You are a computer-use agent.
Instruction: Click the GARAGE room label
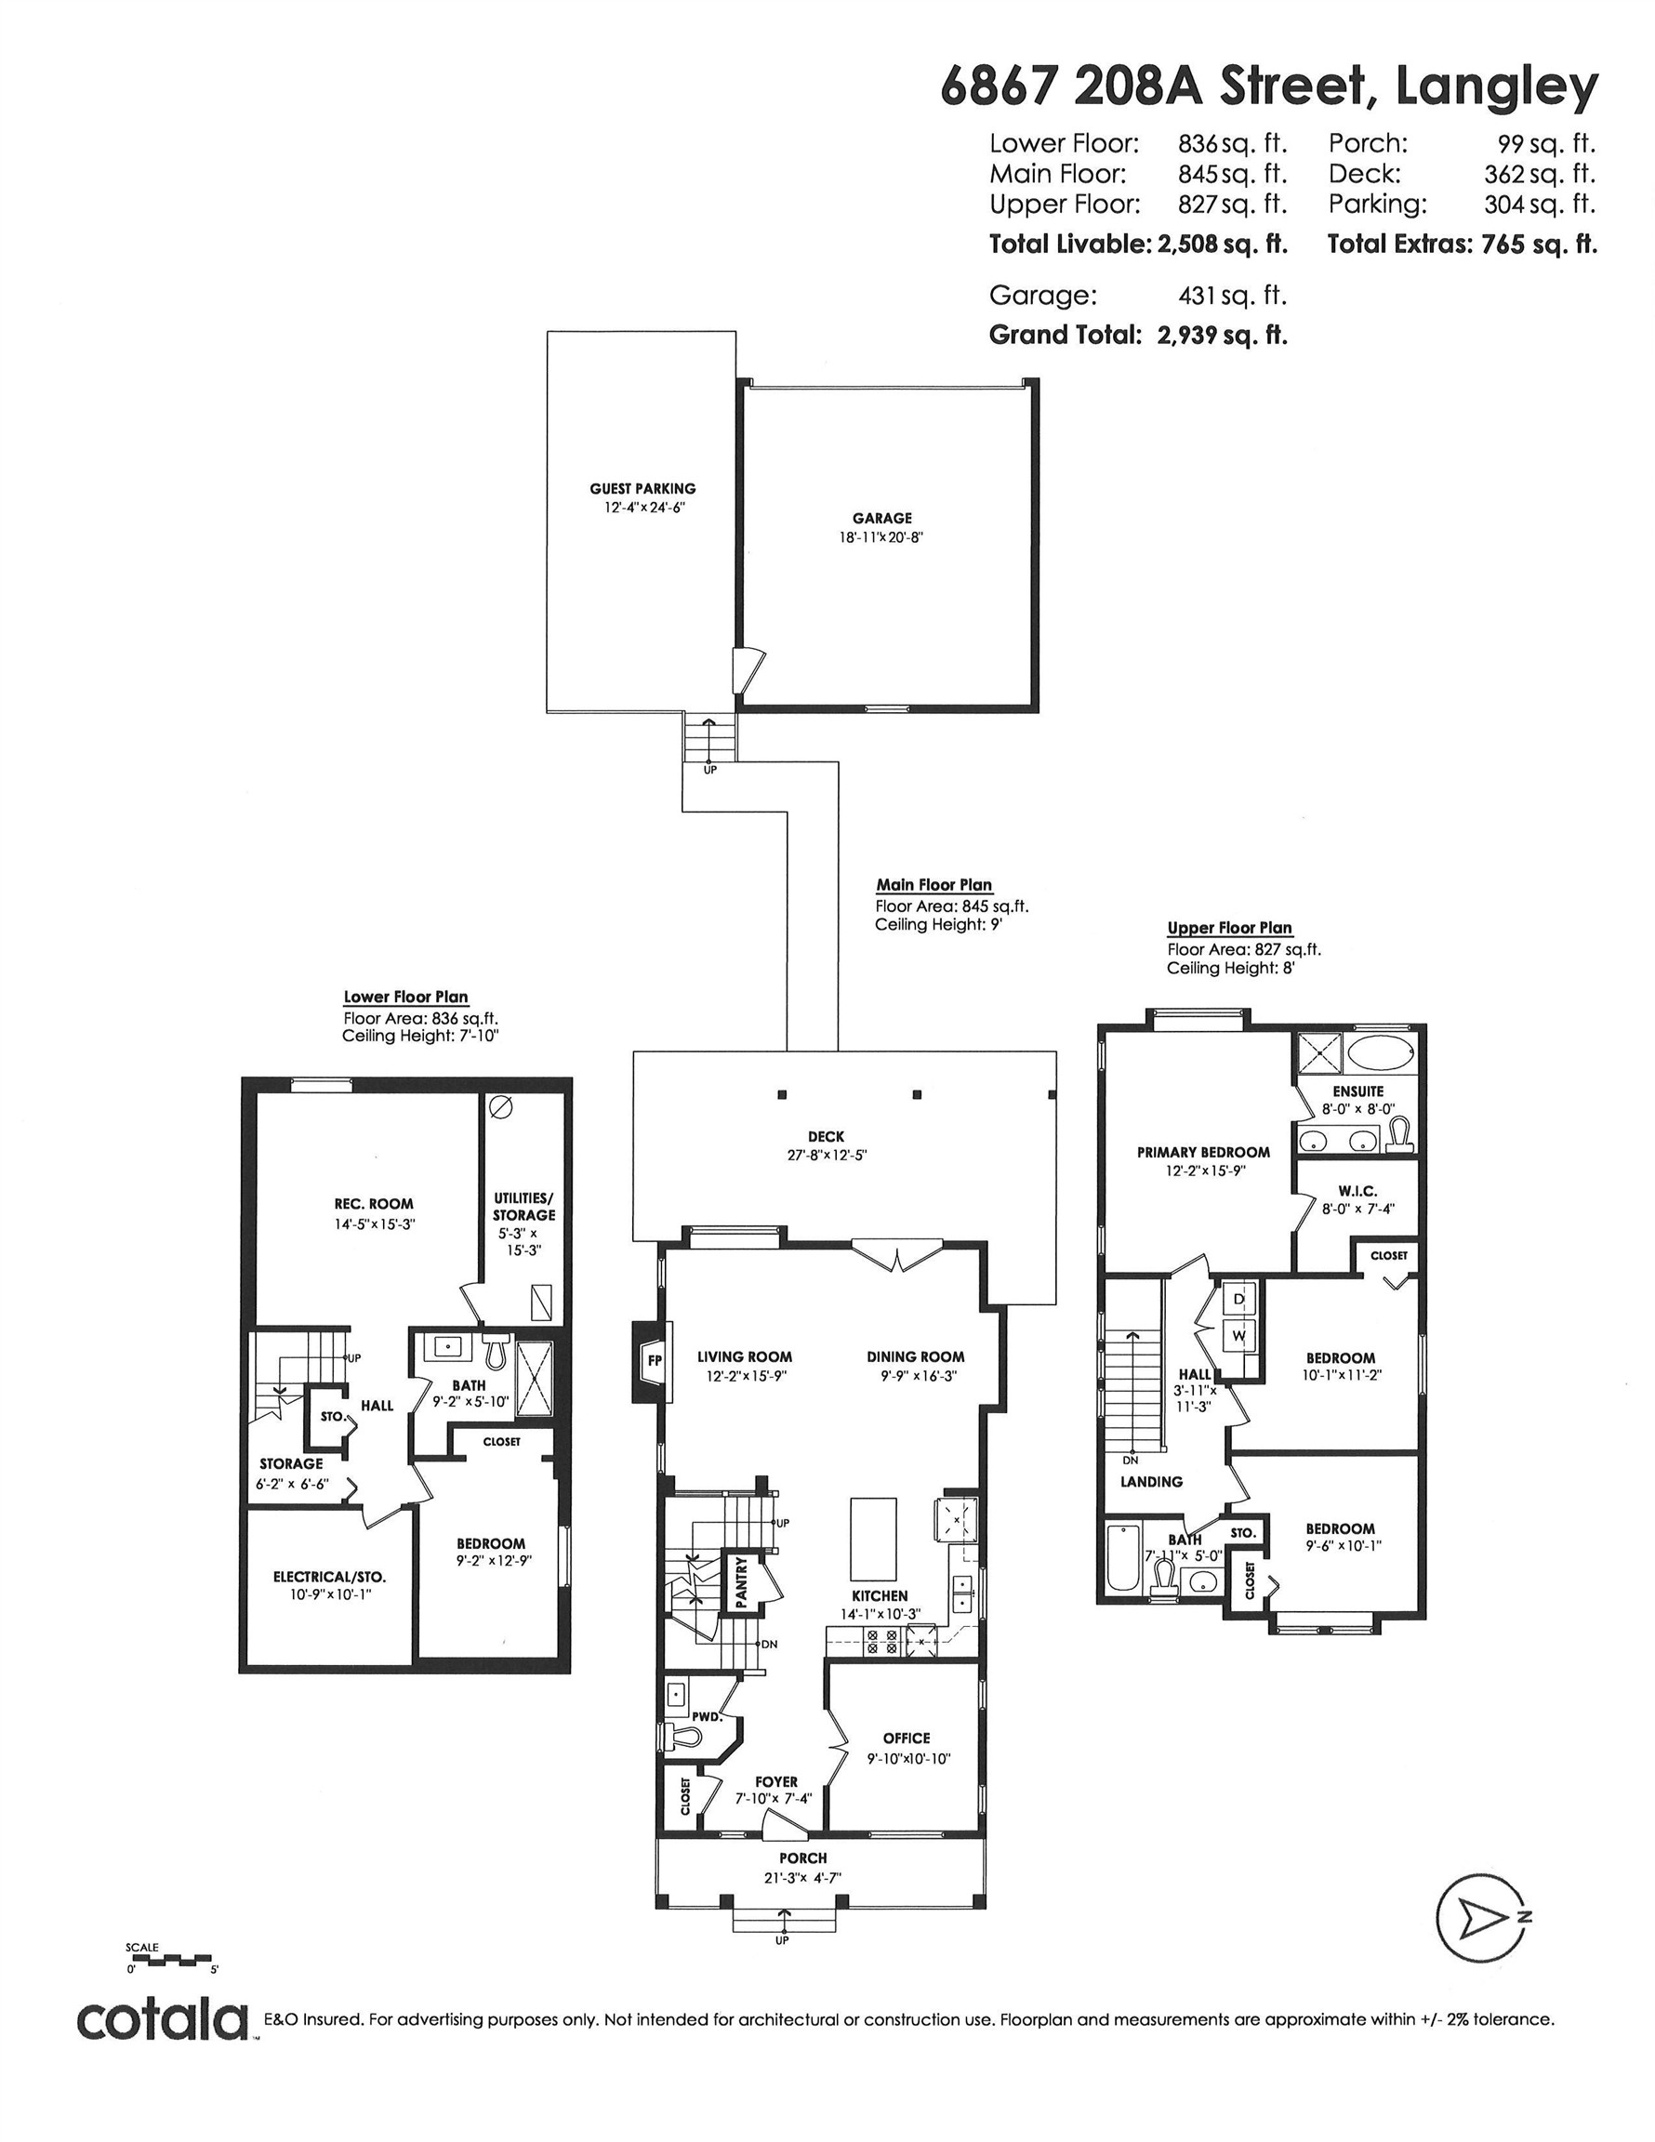pyautogui.click(x=881, y=518)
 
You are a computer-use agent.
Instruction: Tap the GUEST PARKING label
pyautogui.click(x=642, y=488)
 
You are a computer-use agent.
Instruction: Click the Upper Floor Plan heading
pyautogui.click(x=1229, y=928)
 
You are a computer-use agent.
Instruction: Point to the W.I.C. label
pyautogui.click(x=1357, y=1191)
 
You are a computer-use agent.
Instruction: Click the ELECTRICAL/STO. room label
pyautogui.click(x=328, y=1577)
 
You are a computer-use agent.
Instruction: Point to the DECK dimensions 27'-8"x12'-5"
pyautogui.click(x=825, y=1156)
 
